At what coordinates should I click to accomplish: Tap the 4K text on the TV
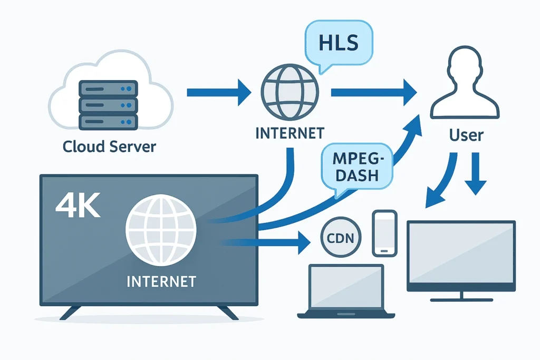tap(78, 208)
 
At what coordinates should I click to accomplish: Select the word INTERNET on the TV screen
tap(161, 281)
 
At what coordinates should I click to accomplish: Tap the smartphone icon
tap(384, 232)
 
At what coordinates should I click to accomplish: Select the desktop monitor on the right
tap(461, 256)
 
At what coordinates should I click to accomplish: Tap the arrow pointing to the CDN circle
tap(269, 242)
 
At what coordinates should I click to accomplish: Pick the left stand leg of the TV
tap(71, 313)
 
